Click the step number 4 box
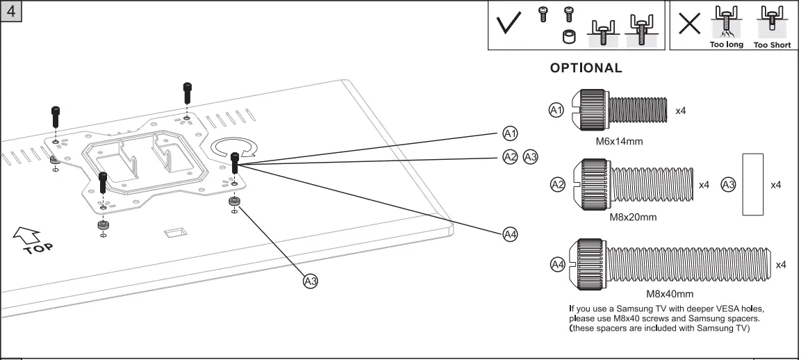[x=11, y=12]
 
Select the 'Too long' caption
[x=726, y=44]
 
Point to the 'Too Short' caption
[x=772, y=44]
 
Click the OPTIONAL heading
[x=586, y=68]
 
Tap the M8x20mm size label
[x=632, y=217]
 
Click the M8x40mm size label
[x=670, y=293]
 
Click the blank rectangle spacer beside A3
[x=752, y=186]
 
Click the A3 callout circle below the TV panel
[x=310, y=281]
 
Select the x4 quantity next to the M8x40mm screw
[x=780, y=265]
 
